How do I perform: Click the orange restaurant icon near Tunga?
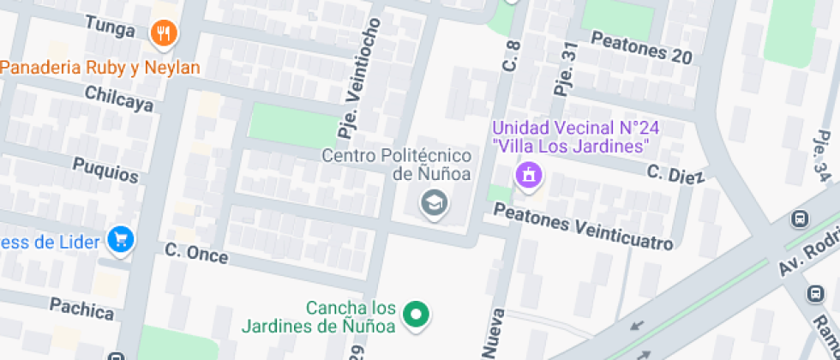click(163, 33)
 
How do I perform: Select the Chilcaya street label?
click(119, 99)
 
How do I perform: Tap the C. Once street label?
click(196, 253)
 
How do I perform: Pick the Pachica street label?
click(81, 308)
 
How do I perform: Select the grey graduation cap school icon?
click(434, 203)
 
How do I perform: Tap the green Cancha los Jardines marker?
click(416, 314)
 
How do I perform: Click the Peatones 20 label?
click(640, 48)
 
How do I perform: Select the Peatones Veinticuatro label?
click(584, 231)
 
